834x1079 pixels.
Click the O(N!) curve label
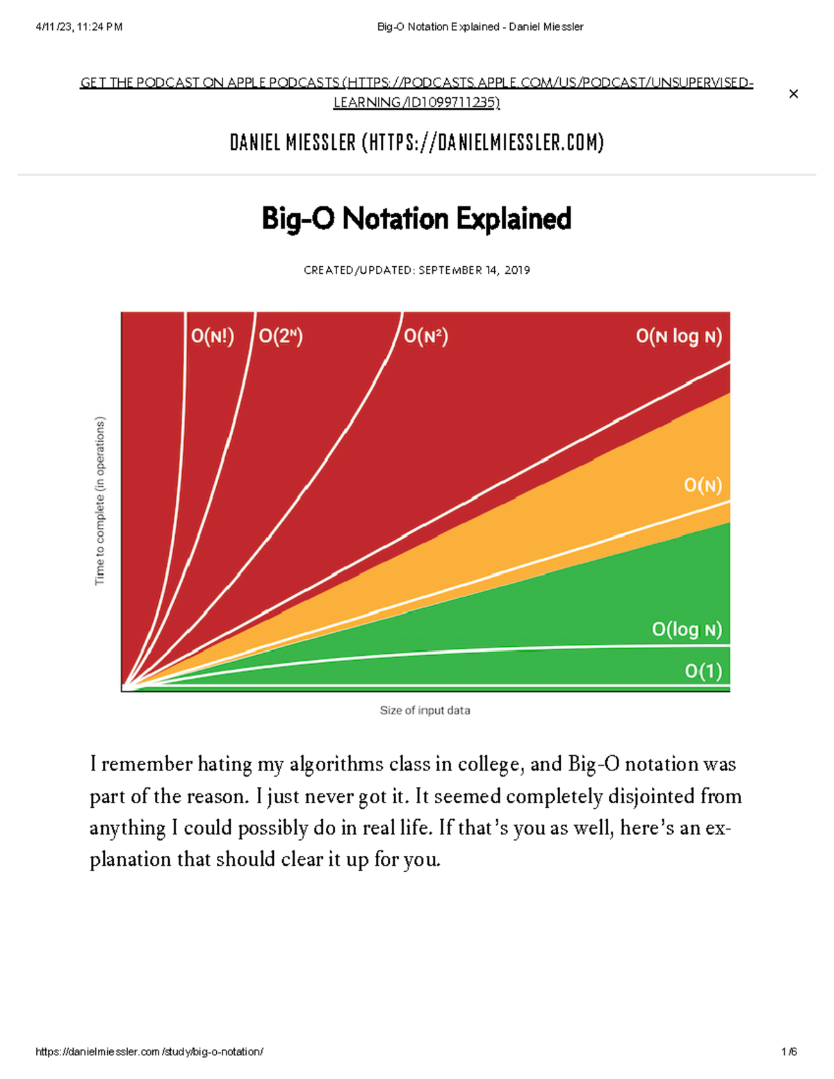(213, 336)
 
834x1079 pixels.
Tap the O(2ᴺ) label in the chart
(281, 336)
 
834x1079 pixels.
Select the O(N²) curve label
(426, 336)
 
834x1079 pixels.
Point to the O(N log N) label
(678, 336)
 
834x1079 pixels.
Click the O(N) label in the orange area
(703, 485)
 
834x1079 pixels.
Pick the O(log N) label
(687, 629)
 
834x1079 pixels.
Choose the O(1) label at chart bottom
(703, 670)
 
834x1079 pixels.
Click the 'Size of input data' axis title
(425, 710)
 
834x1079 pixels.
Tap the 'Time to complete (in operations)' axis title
(100, 501)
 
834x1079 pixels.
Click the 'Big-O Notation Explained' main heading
(416, 219)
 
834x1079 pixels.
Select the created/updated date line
(416, 270)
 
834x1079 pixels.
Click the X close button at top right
(793, 94)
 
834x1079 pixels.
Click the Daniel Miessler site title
(416, 142)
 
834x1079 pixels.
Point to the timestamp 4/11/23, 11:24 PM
(79, 27)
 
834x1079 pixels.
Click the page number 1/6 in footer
(788, 1051)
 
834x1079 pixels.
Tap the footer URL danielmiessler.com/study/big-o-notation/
(149, 1051)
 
